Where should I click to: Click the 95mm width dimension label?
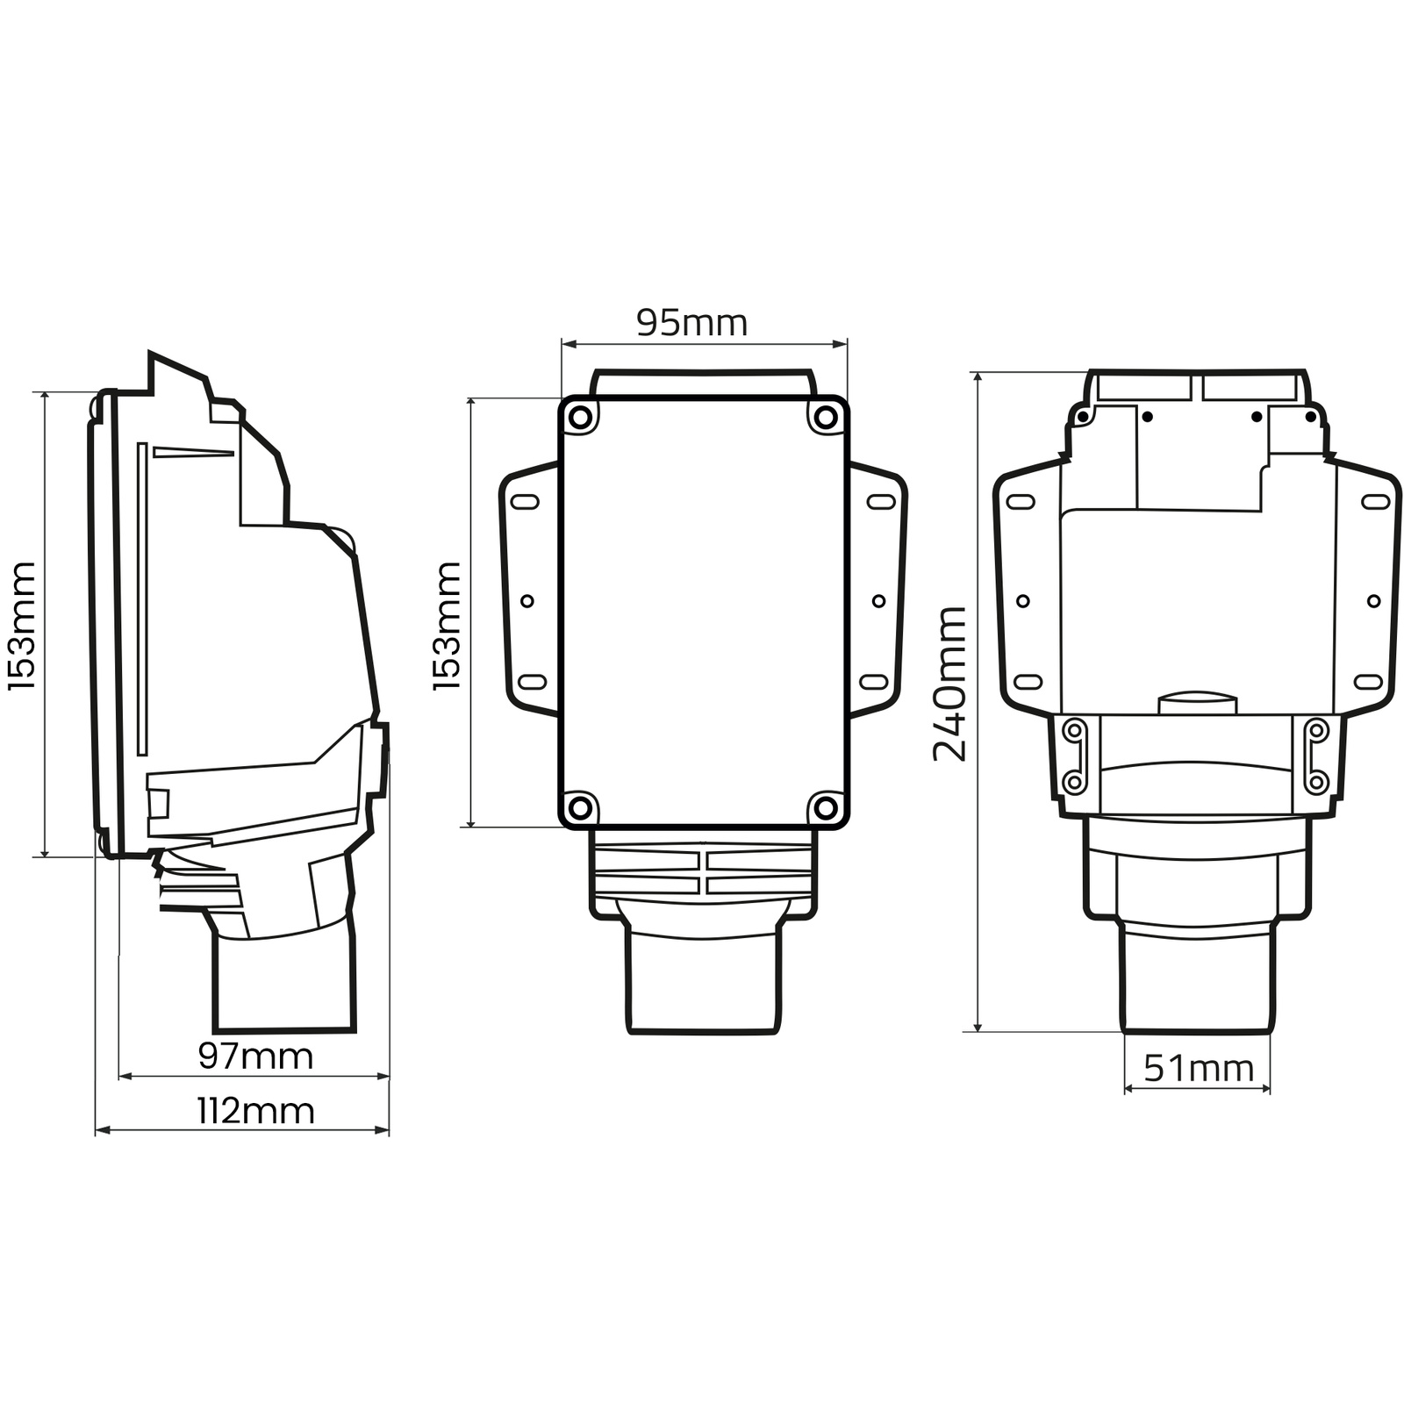pyautogui.click(x=691, y=323)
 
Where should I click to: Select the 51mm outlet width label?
pyautogui.click(x=1199, y=1068)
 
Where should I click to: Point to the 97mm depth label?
pyautogui.click(x=255, y=1056)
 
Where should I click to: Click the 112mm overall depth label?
pyautogui.click(x=255, y=1111)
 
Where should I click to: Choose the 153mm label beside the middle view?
pyautogui.click(x=447, y=626)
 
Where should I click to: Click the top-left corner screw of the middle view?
pyautogui.click(x=580, y=418)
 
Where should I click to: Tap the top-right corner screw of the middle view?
pyautogui.click(x=826, y=418)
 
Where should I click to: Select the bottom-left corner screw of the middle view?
pyautogui.click(x=580, y=808)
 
